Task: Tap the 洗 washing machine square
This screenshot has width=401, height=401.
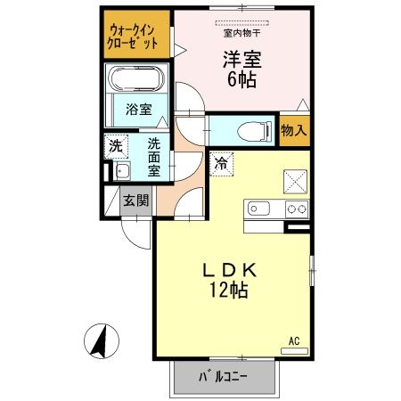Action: tap(116, 144)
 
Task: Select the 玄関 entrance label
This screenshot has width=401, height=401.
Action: tap(136, 200)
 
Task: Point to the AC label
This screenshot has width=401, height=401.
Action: tap(294, 340)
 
